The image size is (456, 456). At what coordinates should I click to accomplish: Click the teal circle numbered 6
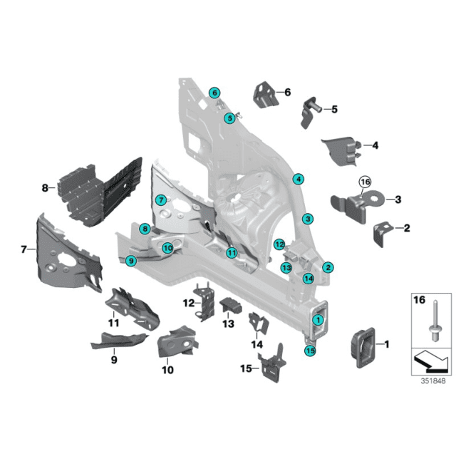pyautogui.click(x=214, y=93)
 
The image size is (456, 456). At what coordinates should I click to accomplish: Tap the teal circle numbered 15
pyautogui.click(x=310, y=351)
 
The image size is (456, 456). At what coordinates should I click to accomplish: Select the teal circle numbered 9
pyautogui.click(x=131, y=261)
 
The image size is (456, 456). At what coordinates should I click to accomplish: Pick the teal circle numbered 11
pyautogui.click(x=232, y=252)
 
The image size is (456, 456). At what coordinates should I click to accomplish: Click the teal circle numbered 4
pyautogui.click(x=299, y=179)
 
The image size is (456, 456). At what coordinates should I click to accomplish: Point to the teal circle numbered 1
pyautogui.click(x=318, y=320)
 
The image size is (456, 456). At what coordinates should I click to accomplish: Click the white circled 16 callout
pyautogui.click(x=366, y=182)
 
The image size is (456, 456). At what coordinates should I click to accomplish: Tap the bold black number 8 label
pyautogui.click(x=45, y=188)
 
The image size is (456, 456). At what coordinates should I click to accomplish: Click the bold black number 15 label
pyautogui.click(x=246, y=368)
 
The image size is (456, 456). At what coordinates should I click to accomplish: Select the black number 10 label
pyautogui.click(x=167, y=370)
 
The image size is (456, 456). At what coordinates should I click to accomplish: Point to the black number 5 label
pyautogui.click(x=334, y=109)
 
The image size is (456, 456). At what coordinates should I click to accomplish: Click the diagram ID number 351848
pyautogui.click(x=433, y=381)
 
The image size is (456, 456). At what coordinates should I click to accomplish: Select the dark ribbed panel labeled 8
pyautogui.click(x=100, y=192)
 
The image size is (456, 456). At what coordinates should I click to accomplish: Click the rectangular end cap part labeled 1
pyautogui.click(x=363, y=348)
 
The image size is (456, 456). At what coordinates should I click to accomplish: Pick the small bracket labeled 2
pyautogui.click(x=381, y=234)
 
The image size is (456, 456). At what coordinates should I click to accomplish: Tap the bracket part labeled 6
pyautogui.click(x=266, y=95)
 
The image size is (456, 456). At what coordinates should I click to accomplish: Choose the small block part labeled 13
pyautogui.click(x=231, y=306)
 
